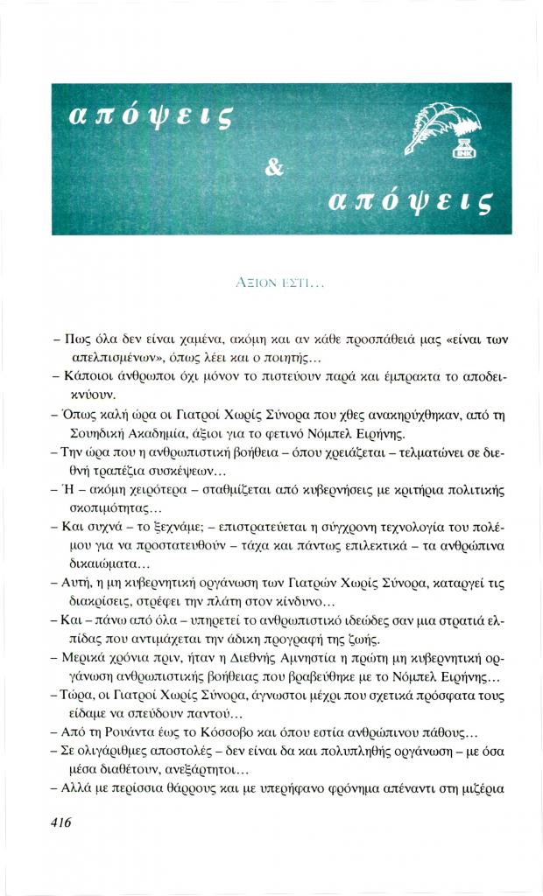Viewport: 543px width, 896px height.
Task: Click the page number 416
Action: pos(55,822)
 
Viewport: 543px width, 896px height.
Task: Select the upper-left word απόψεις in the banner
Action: pos(145,115)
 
